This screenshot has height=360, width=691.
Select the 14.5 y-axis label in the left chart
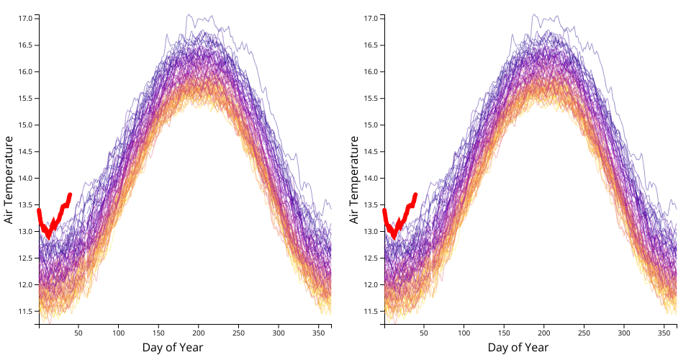tap(24, 151)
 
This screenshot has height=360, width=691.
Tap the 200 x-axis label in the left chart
tap(199, 333)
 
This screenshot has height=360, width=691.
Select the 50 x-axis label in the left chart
tap(78, 333)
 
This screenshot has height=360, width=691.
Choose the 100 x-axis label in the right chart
tap(464, 333)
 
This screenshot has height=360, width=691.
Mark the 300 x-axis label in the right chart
tap(624, 333)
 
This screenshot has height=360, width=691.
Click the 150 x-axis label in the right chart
tap(504, 333)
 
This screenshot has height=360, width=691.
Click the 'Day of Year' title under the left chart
tap(173, 348)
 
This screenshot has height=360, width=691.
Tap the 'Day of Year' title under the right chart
tap(518, 348)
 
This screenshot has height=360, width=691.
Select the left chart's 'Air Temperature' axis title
tap(9, 179)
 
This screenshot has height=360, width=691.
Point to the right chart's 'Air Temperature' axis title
tap(354, 179)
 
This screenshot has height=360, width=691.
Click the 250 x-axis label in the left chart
tap(239, 333)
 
